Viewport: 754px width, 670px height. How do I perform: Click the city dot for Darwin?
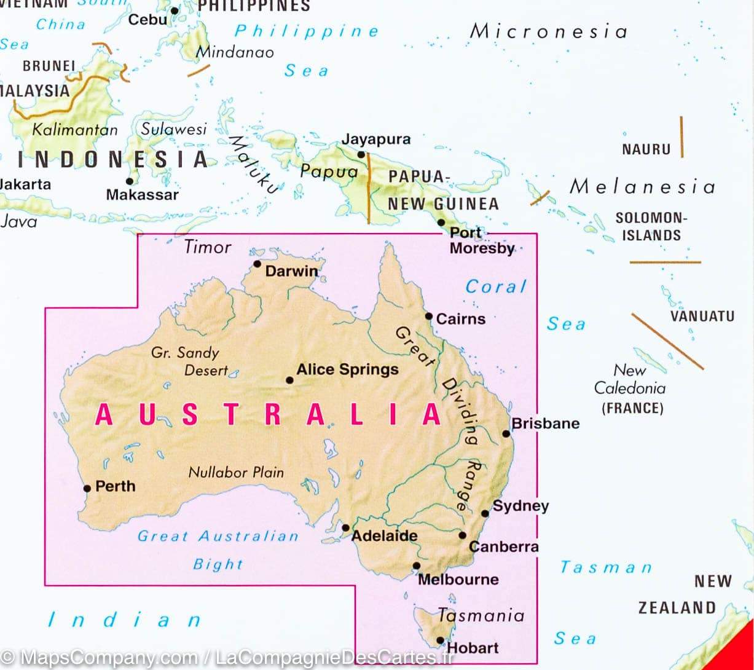click(257, 264)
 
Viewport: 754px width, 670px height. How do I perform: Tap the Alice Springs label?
click(347, 369)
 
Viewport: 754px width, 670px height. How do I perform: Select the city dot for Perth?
click(87, 489)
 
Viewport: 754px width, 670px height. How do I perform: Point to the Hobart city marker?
click(440, 640)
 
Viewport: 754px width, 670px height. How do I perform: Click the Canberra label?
click(503, 546)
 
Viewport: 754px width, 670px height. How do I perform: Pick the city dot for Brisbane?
click(506, 433)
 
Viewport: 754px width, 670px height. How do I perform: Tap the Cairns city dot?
click(429, 316)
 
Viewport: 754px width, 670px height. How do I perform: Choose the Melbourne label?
click(458, 579)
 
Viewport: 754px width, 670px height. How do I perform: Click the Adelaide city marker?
click(345, 527)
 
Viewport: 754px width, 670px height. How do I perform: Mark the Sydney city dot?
click(485, 513)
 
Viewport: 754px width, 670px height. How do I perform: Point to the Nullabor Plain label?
click(236, 472)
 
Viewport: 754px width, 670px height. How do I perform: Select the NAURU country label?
click(646, 149)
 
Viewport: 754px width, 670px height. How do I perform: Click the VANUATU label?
click(702, 317)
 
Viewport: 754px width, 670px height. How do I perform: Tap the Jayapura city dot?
click(361, 154)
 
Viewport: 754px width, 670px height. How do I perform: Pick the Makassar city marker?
click(130, 181)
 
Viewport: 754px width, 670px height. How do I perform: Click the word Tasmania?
click(481, 615)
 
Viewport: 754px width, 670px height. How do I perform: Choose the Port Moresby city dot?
click(441, 223)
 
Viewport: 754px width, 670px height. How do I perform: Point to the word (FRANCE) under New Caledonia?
click(632, 408)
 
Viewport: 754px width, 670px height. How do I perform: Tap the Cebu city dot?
click(174, 10)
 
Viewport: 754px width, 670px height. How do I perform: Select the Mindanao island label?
click(235, 52)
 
